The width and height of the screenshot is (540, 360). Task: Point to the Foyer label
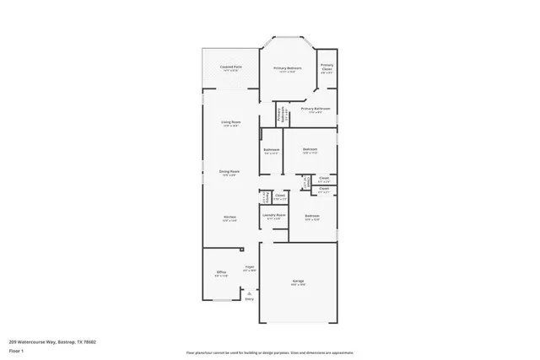pos(249,268)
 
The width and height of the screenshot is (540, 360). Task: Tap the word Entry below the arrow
pos(249,299)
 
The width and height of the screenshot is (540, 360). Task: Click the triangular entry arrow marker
pos(249,293)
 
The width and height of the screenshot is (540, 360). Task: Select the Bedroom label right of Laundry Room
pos(311,217)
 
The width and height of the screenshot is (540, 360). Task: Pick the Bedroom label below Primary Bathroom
pos(310,151)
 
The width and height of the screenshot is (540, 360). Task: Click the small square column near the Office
pos(243,250)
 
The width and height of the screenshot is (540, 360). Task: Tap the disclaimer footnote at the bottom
pos(270,352)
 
